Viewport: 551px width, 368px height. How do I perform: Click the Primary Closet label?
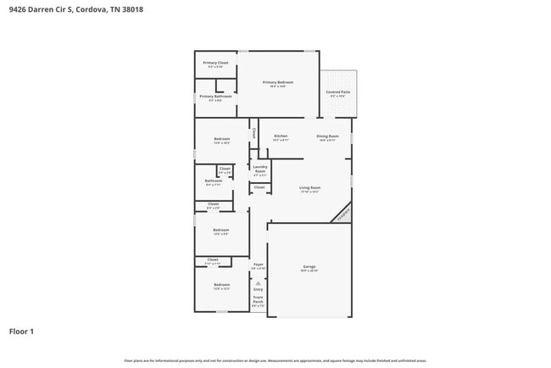click(215, 64)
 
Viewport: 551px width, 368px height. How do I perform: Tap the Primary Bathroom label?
click(215, 98)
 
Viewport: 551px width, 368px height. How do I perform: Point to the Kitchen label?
click(280, 136)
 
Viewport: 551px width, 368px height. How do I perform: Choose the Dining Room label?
click(328, 137)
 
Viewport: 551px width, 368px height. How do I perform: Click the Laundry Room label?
click(259, 168)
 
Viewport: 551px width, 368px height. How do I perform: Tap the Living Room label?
click(309, 188)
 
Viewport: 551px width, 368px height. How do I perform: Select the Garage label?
click(309, 267)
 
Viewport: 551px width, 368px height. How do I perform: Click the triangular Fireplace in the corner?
click(342, 214)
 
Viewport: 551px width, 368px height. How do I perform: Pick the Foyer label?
click(259, 265)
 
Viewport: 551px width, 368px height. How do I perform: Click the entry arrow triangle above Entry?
click(259, 282)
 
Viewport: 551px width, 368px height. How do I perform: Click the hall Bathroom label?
click(214, 181)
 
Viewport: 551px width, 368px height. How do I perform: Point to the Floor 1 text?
click(22, 331)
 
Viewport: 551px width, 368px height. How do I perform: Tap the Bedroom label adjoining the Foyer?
click(221, 285)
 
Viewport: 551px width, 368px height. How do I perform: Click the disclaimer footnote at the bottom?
click(275, 360)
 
